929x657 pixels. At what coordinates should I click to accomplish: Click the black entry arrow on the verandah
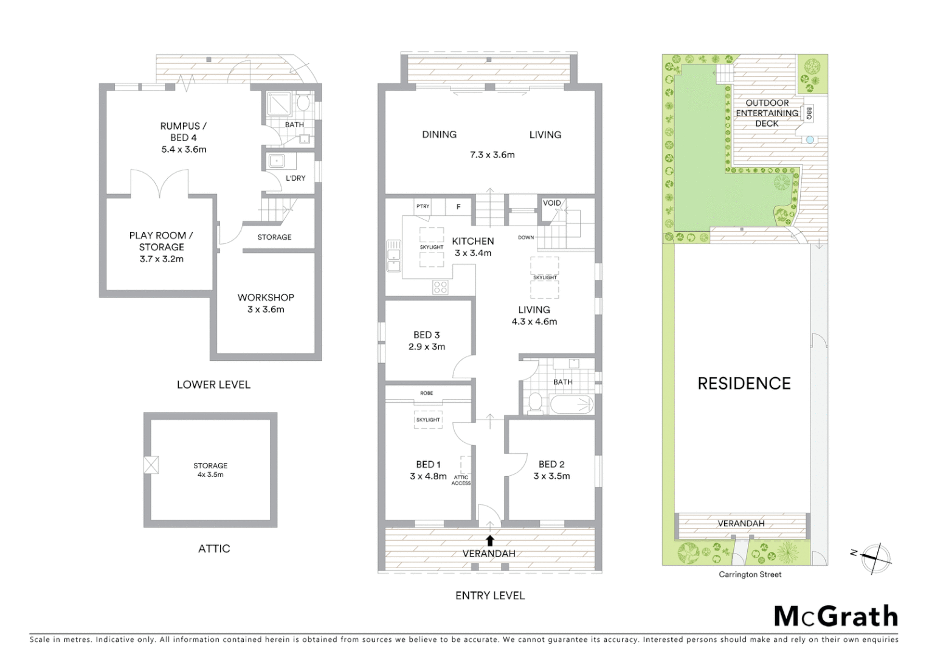coord(490,540)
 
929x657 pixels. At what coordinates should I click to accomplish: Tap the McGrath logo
coord(836,616)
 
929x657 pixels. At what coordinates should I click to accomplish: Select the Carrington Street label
coord(750,574)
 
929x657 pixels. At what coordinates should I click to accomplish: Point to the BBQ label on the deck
coord(809,113)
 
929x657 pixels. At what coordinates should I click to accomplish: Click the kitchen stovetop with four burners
coord(440,287)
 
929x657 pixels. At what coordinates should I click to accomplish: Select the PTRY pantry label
coord(423,206)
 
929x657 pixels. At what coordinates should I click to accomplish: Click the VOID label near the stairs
coord(551,203)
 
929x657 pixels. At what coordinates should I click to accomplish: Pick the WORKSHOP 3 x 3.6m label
coord(266,303)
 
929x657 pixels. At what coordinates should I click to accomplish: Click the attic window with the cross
coord(151,465)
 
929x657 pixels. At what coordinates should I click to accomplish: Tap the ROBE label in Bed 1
coord(427,393)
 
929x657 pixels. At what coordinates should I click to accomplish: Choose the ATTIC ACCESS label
coord(461,480)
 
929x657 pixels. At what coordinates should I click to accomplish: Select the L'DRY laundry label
coord(295,178)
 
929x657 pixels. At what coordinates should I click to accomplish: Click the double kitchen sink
coord(393,256)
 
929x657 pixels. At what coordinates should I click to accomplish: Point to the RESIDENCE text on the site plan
coord(744,383)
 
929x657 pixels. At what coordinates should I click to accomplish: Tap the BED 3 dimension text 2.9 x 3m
coord(427,347)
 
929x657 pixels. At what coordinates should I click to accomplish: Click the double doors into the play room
coord(160,184)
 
